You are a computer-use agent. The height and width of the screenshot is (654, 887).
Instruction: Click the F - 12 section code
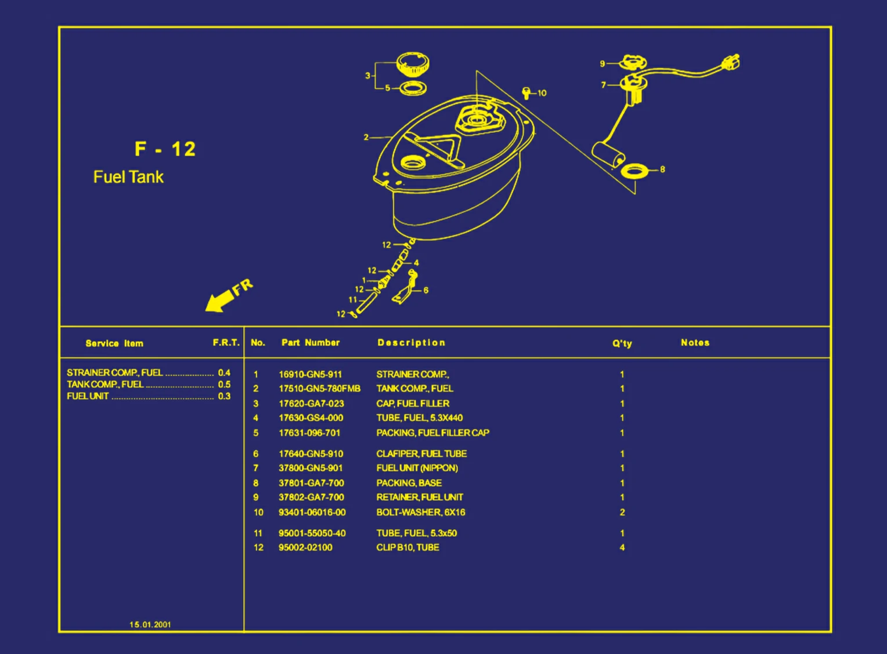pos(165,149)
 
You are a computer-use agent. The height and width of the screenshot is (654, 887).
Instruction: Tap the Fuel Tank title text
pos(128,177)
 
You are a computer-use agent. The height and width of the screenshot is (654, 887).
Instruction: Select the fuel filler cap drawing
pos(412,64)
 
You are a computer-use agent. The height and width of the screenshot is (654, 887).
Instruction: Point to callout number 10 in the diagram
pos(542,93)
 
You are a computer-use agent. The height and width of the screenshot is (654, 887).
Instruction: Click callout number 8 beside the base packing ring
pos(662,169)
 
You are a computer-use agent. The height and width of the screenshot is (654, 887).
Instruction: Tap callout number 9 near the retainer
pos(603,64)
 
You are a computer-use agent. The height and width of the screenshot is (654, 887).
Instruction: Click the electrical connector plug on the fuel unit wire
pos(731,62)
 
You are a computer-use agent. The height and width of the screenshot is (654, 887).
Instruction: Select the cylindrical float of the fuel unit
pos(608,155)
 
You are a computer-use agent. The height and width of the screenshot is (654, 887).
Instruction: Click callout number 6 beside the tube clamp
pos(426,290)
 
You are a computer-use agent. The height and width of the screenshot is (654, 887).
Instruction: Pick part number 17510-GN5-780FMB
pos(319,389)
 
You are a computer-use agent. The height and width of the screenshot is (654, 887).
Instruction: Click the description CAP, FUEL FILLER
pos(413,403)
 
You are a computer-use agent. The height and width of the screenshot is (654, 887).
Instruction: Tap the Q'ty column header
pos(622,344)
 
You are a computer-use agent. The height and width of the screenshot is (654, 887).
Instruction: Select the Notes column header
pos(695,343)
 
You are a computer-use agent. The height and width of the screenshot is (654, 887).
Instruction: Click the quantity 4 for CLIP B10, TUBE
pos(622,547)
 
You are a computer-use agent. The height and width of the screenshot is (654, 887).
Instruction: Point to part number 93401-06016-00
pos(312,512)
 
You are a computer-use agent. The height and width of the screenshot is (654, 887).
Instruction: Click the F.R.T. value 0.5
pos(224,384)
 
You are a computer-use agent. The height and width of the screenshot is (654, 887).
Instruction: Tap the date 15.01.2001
pos(150,624)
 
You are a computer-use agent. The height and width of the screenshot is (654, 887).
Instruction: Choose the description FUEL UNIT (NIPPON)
pos(417,468)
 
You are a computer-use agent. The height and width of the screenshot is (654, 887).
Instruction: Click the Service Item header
pos(114,344)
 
